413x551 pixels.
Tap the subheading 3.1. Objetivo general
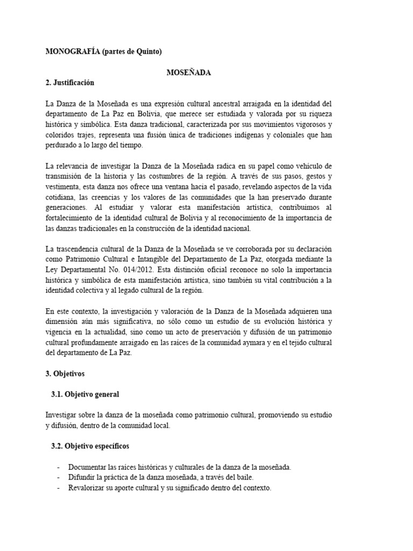85,394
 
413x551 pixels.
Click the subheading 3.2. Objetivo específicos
90,447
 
